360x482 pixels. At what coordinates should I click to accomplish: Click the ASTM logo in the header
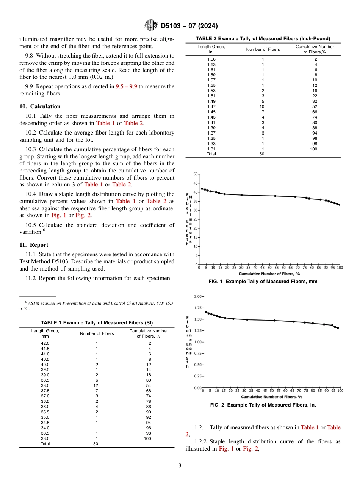(x=151, y=26)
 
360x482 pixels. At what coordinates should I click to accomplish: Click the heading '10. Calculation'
(x=40, y=106)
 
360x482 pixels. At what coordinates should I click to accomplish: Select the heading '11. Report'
(x=34, y=245)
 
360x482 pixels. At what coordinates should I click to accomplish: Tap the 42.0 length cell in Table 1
(x=45, y=343)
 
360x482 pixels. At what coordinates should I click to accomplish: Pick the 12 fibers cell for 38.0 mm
(x=97, y=385)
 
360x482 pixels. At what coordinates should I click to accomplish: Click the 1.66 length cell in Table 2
(x=211, y=59)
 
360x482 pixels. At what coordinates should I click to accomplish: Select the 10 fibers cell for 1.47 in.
(x=263, y=107)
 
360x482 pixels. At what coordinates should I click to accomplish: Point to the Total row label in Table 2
(x=211, y=154)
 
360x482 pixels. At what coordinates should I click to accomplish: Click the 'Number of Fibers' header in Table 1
(x=97, y=333)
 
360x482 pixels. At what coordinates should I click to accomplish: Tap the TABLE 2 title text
(x=263, y=39)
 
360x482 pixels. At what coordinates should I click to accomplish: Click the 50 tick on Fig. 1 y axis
(x=196, y=174)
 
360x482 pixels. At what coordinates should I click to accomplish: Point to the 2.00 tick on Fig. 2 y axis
(x=197, y=296)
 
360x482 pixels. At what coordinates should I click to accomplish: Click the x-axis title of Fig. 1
(x=269, y=274)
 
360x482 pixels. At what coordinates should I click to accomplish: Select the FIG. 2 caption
(x=263, y=405)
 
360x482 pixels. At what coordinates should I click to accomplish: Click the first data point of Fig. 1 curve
(x=202, y=188)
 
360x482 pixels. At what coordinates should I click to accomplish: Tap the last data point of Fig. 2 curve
(x=338, y=328)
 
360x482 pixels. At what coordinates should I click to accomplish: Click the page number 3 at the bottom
(x=180, y=466)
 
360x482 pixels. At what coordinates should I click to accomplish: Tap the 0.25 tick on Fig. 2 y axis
(x=197, y=376)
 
